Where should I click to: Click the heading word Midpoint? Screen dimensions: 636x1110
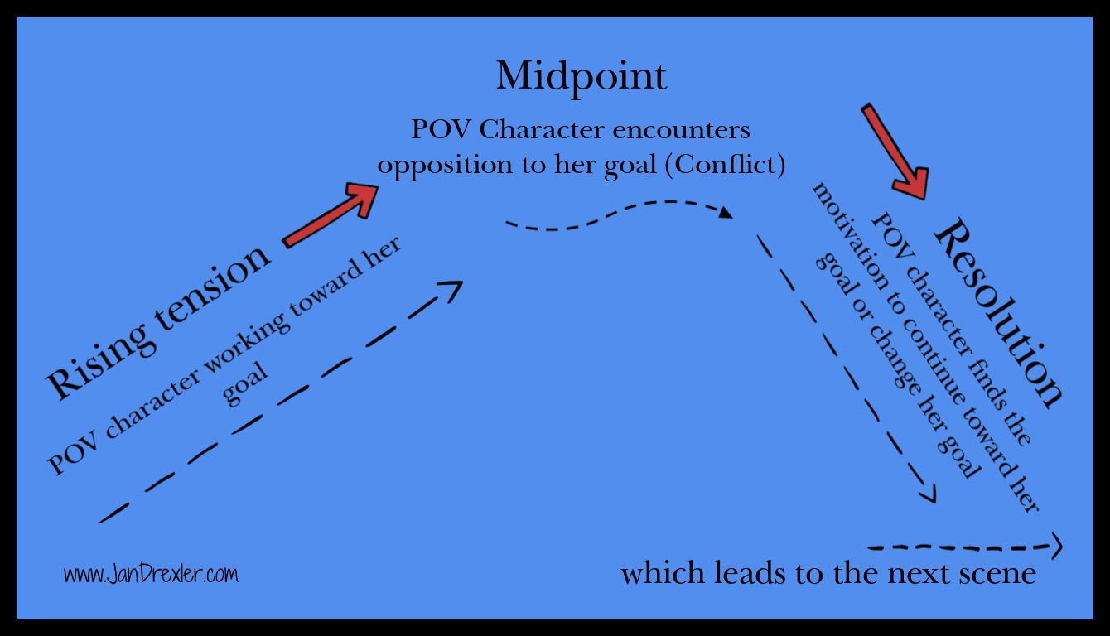(582, 77)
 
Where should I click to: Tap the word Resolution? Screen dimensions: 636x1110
(997, 313)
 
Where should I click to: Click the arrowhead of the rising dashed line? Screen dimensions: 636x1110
(453, 287)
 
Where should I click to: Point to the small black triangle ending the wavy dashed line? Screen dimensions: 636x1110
(726, 214)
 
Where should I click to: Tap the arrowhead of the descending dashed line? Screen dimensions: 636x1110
(929, 494)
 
